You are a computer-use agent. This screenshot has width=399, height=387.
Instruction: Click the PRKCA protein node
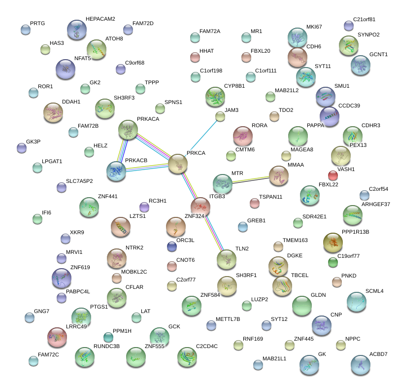point(178,164)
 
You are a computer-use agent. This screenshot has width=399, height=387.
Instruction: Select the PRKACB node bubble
point(116,171)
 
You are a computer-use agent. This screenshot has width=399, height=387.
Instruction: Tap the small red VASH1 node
point(333,175)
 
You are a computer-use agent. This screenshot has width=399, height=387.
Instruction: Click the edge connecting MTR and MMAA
point(251,179)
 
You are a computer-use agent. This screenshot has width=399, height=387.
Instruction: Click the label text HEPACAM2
point(100,19)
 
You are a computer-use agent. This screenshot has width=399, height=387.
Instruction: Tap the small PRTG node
point(26,30)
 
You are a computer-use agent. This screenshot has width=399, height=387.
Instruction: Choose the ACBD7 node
point(361,365)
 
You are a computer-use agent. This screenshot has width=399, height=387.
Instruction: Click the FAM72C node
point(33,361)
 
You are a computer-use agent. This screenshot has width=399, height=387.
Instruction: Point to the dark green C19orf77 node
point(333,262)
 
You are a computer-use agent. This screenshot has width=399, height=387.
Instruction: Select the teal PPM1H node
point(108,337)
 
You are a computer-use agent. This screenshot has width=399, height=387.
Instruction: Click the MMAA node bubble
point(279,176)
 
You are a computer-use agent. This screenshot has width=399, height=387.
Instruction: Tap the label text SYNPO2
point(368,35)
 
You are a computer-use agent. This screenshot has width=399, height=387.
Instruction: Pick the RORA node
point(242,136)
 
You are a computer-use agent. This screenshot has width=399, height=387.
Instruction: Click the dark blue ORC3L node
point(171,246)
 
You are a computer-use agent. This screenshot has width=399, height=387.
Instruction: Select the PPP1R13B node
point(333,242)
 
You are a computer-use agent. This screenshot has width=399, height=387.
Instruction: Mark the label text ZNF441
point(107,197)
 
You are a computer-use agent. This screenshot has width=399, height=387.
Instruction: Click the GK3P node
point(21,147)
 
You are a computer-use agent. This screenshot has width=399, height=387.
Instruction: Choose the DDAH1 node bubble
point(53,112)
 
